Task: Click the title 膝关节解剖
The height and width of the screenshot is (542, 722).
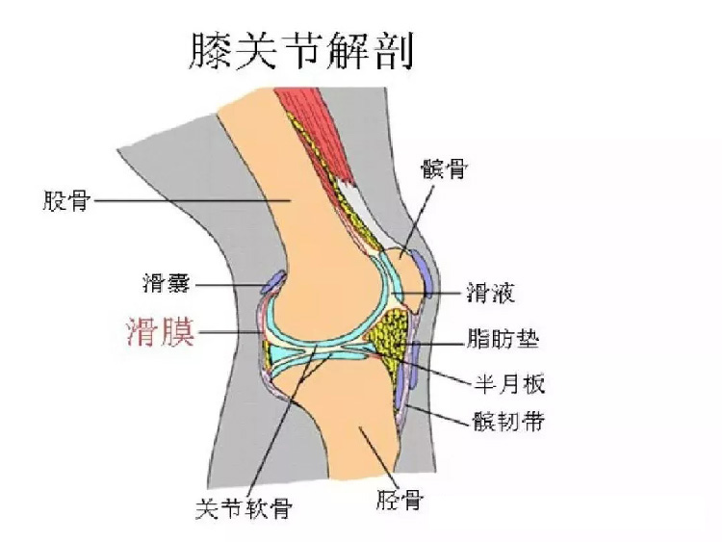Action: tap(301, 51)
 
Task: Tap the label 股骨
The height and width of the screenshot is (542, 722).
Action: tap(66, 200)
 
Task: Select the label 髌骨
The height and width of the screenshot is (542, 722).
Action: tap(444, 168)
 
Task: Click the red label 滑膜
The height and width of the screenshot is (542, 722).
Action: tap(161, 331)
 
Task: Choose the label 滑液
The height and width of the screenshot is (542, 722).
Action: tap(491, 292)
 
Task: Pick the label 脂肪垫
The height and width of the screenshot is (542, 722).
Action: tap(503, 339)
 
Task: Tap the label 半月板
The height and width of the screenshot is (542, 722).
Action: tap(509, 383)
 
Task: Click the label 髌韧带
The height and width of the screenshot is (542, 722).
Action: tap(509, 421)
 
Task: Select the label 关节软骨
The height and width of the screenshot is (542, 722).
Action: tap(245, 508)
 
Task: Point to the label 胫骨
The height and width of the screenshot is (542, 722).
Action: tap(400, 500)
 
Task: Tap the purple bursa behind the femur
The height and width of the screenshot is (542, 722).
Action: tap(273, 282)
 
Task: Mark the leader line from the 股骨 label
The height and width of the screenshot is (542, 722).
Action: tap(192, 200)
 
